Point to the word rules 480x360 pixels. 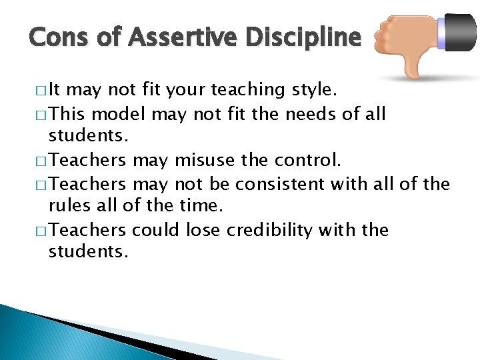pos(69,207)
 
